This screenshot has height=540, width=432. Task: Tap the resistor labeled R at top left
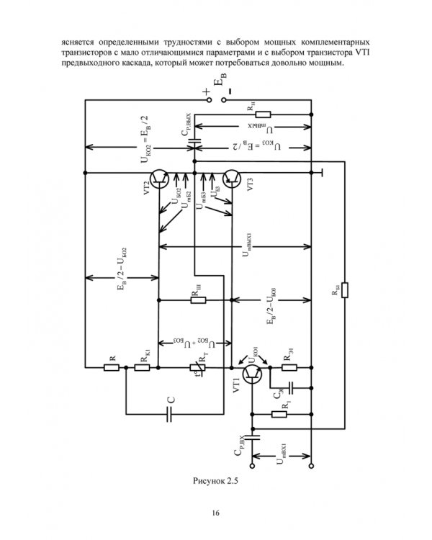pyautogui.click(x=112, y=367)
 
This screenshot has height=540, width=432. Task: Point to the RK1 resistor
pyautogui.click(x=142, y=367)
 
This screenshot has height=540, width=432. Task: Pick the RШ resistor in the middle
pyautogui.click(x=199, y=299)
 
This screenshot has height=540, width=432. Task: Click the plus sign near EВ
pyautogui.click(x=207, y=91)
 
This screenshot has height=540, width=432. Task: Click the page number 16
pyautogui.click(x=215, y=513)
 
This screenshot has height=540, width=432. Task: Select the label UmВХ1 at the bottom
pyautogui.click(x=282, y=458)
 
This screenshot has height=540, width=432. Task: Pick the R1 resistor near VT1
pyautogui.click(x=277, y=414)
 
